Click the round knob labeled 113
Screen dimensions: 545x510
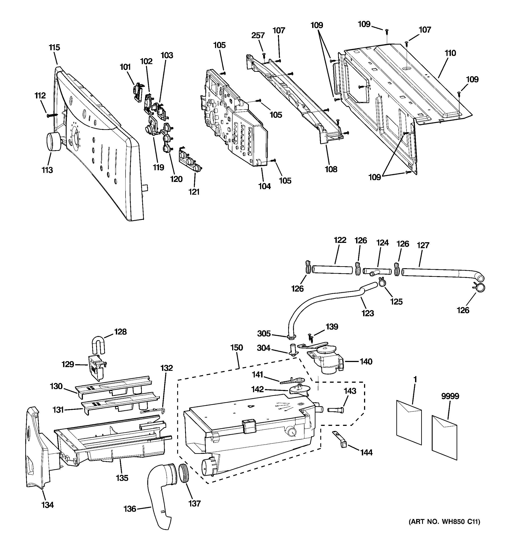tap(54, 141)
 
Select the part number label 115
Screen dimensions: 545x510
tap(55, 47)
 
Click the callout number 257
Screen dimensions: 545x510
tap(258, 35)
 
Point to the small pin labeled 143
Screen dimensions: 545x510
tap(335, 410)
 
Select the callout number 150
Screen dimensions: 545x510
tap(237, 348)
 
